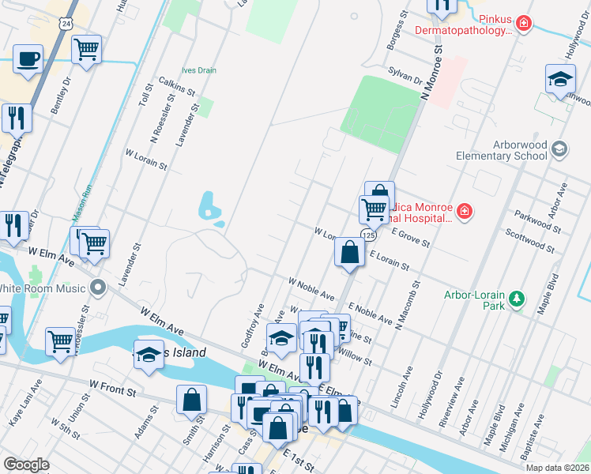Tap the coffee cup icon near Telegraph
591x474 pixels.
pyautogui.click(x=28, y=59)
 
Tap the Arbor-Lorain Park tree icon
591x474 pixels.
pyautogui.click(x=517, y=298)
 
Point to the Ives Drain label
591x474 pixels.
pyautogui.click(x=198, y=70)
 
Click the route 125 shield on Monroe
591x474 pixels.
pyautogui.click(x=369, y=235)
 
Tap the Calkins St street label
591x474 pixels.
pyautogui.click(x=177, y=86)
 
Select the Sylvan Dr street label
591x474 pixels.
pyautogui.click(x=405, y=76)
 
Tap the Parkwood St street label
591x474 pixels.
pyautogui.click(x=536, y=221)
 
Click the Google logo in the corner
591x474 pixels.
pyautogui.click(x=26, y=465)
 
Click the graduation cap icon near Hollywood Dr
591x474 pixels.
pyautogui.click(x=560, y=80)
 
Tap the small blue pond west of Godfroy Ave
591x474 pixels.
pyautogui.click(x=209, y=205)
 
